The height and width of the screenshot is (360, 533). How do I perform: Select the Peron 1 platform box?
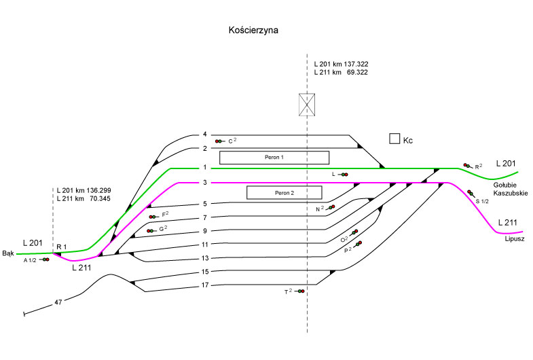coord(274,158)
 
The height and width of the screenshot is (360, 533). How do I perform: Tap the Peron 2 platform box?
coord(283,193)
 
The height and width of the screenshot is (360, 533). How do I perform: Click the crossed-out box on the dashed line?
coord(308,105)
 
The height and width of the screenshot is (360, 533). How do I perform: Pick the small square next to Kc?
coord(394,139)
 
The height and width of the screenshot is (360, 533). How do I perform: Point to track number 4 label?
coord(204,135)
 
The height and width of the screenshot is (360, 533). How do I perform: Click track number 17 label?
coord(204,285)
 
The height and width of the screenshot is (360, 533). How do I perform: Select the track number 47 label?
coord(59,301)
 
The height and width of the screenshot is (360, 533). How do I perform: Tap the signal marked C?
coord(219,141)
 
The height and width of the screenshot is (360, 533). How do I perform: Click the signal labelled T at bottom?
coord(300,291)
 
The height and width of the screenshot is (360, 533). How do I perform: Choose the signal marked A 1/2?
coord(45,259)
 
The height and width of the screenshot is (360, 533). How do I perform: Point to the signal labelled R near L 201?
coord(468,165)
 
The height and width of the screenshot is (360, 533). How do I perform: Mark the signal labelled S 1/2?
coord(470,194)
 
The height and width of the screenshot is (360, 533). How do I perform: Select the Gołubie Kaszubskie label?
coord(510,189)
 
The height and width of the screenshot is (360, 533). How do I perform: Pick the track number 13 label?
coord(204,258)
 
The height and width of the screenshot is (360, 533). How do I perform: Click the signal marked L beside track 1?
coord(344,175)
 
